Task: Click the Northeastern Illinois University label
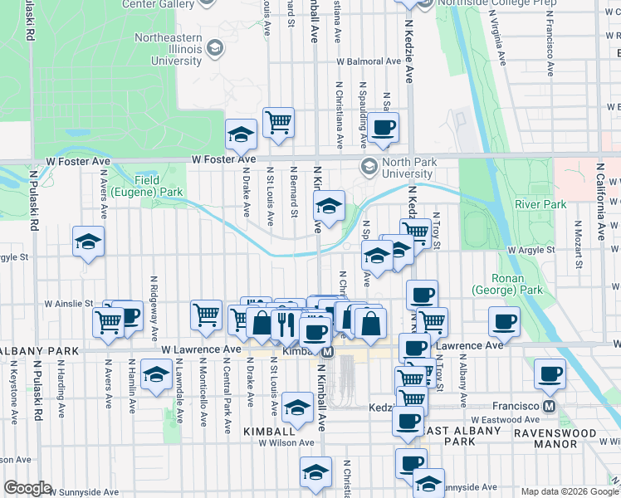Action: [169, 49]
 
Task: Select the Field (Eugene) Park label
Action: [159, 186]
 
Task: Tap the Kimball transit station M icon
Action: [327, 352]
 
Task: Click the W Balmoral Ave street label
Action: [364, 61]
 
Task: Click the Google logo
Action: [27, 488]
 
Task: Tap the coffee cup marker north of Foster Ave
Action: [383, 127]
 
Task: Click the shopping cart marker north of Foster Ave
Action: [279, 122]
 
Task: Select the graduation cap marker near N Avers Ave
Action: [88, 241]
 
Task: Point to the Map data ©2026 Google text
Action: [570, 491]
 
